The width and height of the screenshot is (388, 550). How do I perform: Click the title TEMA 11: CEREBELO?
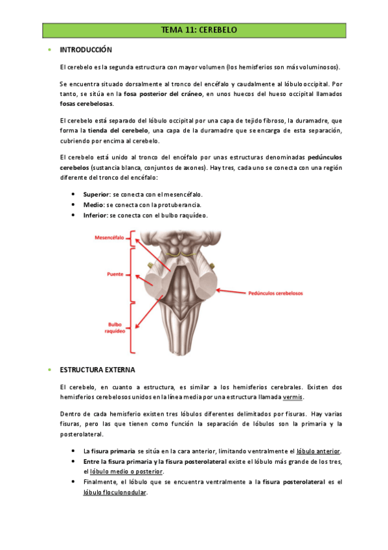199,30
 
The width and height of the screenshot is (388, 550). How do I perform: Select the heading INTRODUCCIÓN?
86,50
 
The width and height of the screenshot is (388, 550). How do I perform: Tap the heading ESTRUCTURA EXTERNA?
97,370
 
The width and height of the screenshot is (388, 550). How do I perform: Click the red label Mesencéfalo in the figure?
110,238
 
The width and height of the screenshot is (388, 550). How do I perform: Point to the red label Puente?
115,274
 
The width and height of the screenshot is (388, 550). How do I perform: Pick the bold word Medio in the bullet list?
93,204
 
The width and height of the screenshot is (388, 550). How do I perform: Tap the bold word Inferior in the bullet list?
95,215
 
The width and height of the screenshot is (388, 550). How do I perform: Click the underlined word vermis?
293,397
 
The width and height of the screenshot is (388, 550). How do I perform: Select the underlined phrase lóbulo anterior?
319,451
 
